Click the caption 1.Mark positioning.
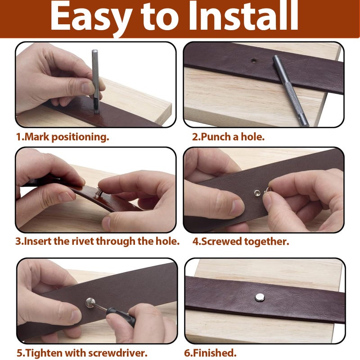click(63, 137)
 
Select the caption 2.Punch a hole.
click(228, 137)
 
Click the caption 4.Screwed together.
click(241, 242)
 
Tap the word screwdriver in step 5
click(117, 353)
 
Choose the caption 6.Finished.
click(210, 353)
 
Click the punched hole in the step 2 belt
click(253, 61)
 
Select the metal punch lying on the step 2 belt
click(290, 90)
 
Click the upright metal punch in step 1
click(95, 81)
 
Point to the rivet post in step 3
click(99, 192)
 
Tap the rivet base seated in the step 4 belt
click(257, 193)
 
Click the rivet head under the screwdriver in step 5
click(90, 302)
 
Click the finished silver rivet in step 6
click(260, 297)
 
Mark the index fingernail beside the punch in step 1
click(88, 88)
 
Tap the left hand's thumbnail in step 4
click(238, 207)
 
